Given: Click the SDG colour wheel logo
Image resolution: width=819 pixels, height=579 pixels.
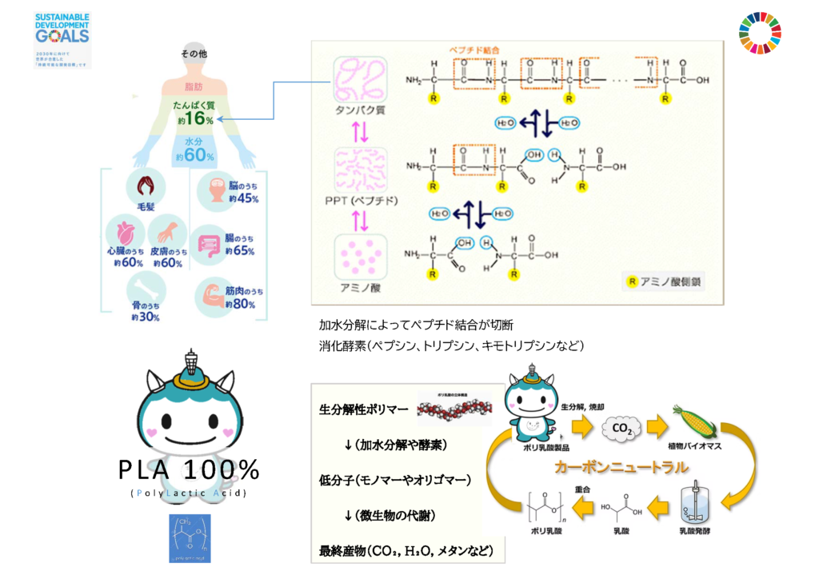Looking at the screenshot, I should click(x=760, y=33).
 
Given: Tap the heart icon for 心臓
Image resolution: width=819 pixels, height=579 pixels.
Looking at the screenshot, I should click(x=127, y=233).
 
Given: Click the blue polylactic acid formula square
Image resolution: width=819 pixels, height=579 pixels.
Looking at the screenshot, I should click(x=190, y=538).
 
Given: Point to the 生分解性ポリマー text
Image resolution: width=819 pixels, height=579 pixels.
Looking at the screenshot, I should click(x=364, y=409).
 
